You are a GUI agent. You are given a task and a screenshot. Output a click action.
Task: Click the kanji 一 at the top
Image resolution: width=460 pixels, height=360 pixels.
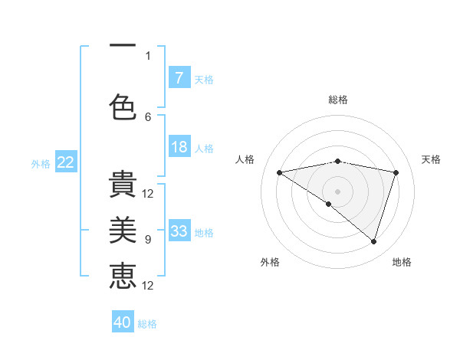(123, 46)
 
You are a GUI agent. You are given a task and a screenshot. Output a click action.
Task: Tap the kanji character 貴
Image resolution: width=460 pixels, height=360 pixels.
(123, 184)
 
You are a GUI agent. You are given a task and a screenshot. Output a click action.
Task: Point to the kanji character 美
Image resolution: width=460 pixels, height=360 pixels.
(123, 230)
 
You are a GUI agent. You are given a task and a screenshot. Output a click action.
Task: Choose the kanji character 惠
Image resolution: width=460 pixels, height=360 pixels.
(123, 277)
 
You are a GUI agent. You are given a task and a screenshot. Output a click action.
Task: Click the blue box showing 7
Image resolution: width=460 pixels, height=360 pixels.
(179, 77)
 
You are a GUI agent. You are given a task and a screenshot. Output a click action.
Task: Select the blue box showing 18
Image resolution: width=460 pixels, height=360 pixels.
(179, 147)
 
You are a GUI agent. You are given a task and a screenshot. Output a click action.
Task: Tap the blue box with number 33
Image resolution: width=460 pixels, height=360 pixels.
(179, 231)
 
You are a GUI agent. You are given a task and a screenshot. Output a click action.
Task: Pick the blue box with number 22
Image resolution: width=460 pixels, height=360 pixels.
(66, 162)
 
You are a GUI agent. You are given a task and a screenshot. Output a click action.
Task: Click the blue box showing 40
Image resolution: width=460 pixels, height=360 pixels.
(123, 322)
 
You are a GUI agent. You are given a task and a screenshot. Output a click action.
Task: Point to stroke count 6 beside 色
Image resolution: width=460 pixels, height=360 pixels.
(148, 116)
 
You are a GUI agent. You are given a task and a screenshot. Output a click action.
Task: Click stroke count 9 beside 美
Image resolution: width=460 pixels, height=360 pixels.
(148, 240)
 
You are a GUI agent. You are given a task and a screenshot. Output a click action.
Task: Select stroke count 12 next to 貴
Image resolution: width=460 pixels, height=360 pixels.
(148, 193)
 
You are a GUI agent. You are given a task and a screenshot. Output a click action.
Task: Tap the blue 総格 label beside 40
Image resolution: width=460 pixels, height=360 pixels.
(147, 324)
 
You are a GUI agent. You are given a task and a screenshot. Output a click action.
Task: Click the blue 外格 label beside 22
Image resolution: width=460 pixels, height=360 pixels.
(41, 163)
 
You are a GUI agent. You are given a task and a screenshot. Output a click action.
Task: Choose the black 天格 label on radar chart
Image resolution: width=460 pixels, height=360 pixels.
(432, 159)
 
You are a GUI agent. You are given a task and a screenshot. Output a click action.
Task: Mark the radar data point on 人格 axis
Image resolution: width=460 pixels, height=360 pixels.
(279, 172)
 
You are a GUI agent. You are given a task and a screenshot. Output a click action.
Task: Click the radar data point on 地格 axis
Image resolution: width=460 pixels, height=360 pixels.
(373, 241)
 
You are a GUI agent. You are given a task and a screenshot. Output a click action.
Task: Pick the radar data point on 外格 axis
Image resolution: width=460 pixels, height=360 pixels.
(329, 204)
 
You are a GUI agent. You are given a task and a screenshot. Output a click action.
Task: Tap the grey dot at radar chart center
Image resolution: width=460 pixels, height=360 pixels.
(337, 191)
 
